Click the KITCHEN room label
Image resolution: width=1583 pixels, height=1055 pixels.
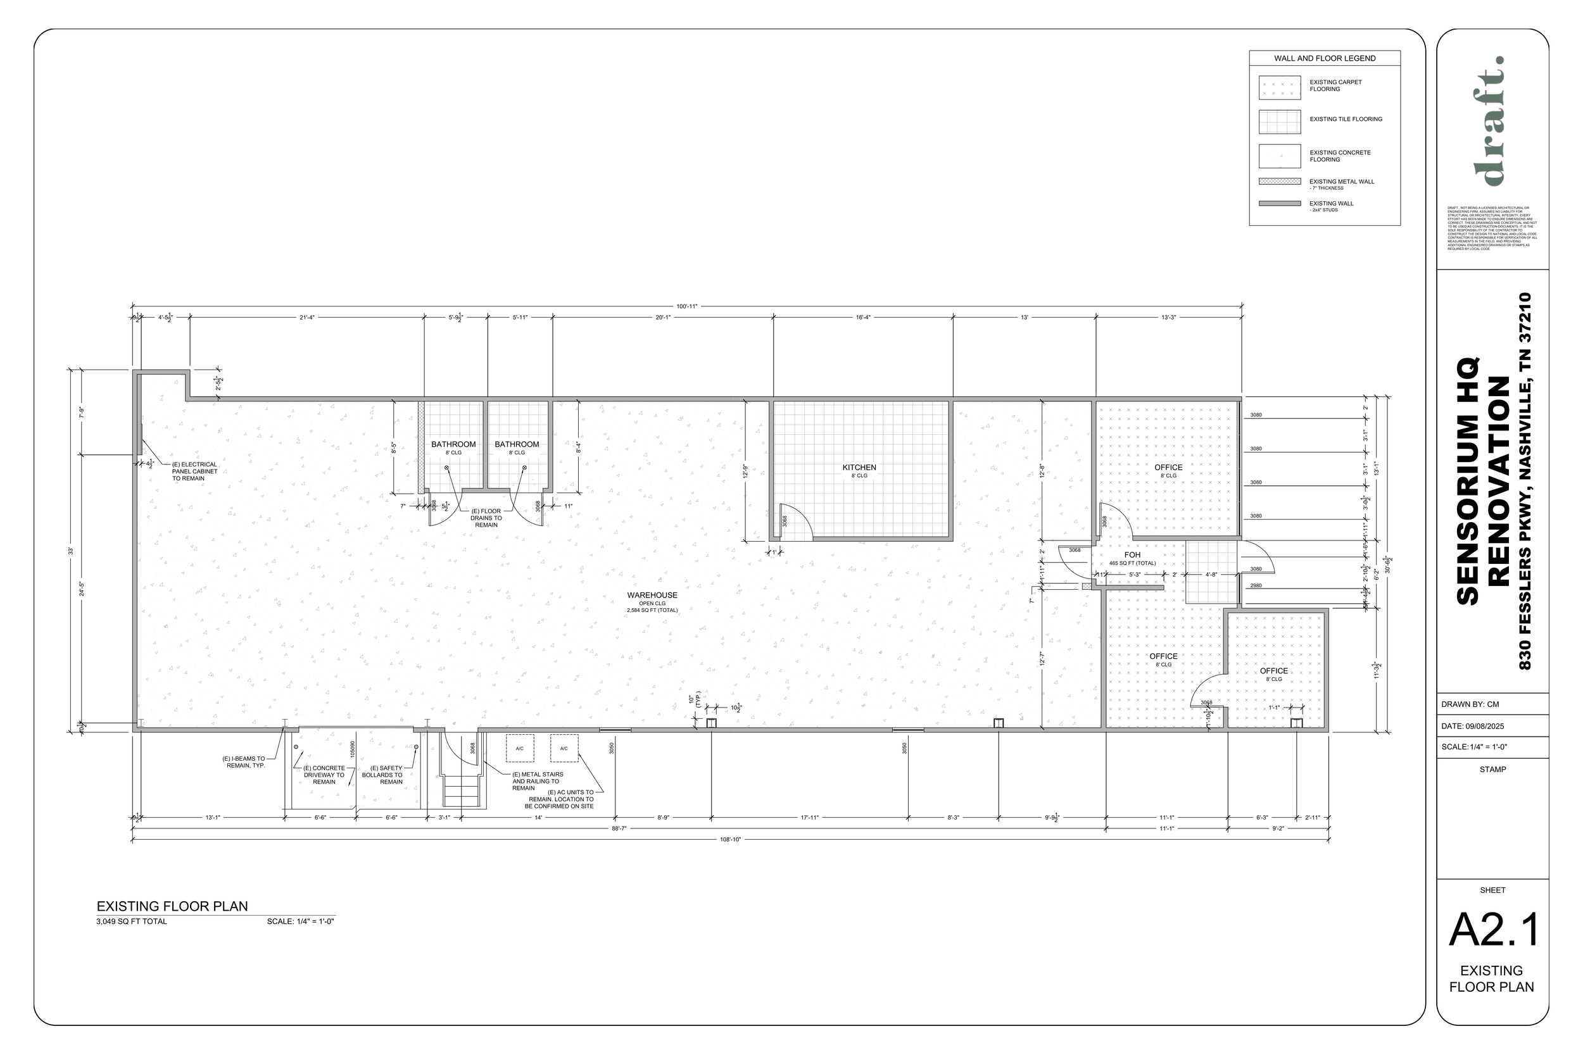(x=859, y=468)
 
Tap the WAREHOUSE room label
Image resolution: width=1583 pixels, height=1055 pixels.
(x=652, y=596)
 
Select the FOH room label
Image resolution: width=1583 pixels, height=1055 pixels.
(x=1132, y=555)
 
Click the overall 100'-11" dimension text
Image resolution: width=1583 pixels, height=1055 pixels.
(x=687, y=306)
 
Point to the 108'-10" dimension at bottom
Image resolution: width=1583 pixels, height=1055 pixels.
(x=730, y=840)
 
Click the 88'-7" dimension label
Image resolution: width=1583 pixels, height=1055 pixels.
(x=619, y=829)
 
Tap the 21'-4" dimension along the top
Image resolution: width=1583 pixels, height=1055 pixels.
(x=307, y=317)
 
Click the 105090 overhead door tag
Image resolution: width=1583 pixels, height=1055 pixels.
(x=353, y=749)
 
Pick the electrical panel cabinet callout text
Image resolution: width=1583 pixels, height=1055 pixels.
(x=194, y=471)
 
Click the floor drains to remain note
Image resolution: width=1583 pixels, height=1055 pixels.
(x=486, y=518)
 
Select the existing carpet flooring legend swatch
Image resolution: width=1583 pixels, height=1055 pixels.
(x=1280, y=87)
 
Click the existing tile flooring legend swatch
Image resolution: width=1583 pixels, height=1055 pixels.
(x=1280, y=122)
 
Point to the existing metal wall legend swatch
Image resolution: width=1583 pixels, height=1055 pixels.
(x=1280, y=182)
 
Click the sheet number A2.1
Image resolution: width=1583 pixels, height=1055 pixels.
(x=1494, y=930)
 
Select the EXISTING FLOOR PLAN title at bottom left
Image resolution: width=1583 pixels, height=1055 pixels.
(x=172, y=906)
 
